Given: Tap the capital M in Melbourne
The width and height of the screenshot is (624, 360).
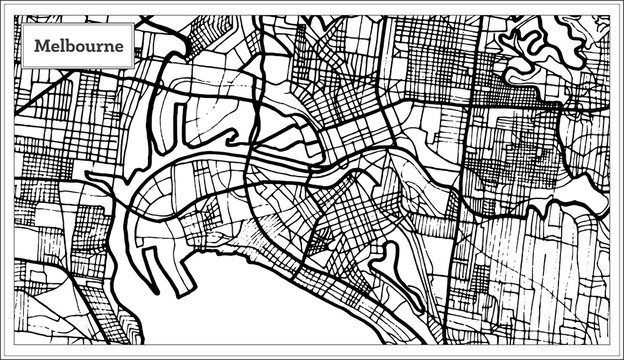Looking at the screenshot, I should [39, 46].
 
